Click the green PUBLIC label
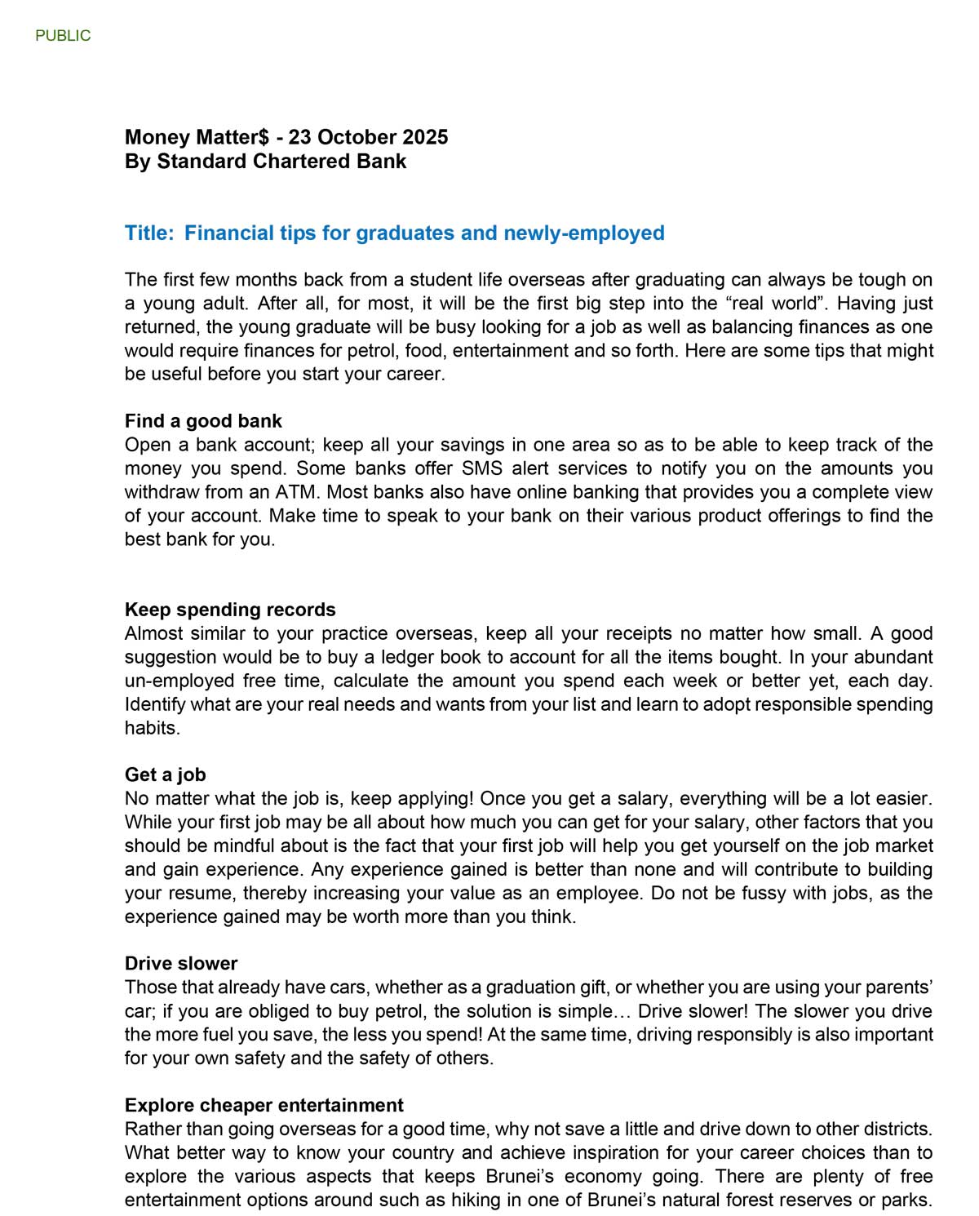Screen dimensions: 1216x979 (63, 36)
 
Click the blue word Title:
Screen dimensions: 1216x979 (149, 233)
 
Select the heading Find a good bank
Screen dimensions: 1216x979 (203, 421)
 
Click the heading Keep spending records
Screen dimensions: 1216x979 (230, 610)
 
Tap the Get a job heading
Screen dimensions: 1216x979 (166, 774)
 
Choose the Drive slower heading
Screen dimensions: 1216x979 (181, 963)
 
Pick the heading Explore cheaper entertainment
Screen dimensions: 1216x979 (264, 1105)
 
